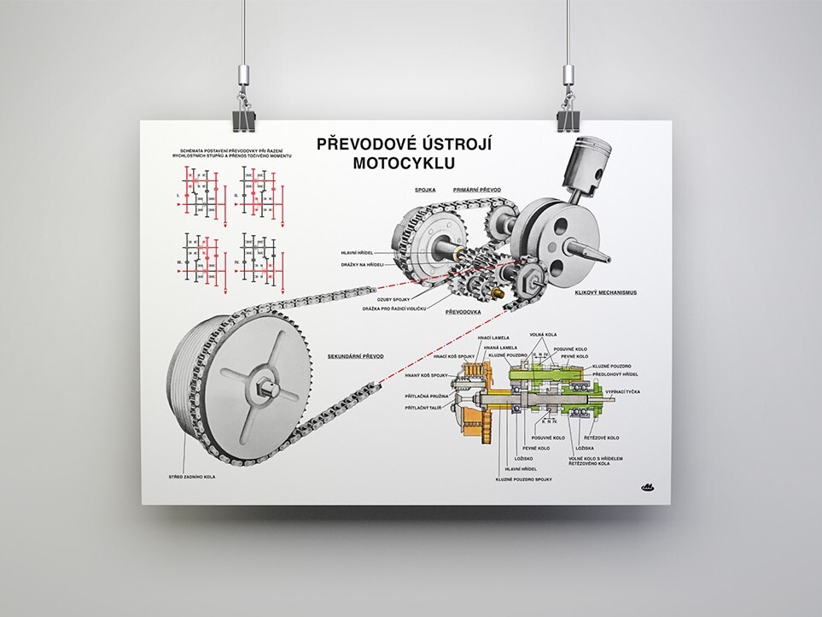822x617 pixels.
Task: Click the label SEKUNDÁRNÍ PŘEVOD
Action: (357, 355)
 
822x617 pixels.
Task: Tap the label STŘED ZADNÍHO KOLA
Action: (192, 475)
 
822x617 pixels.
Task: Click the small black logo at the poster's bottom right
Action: (646, 488)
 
